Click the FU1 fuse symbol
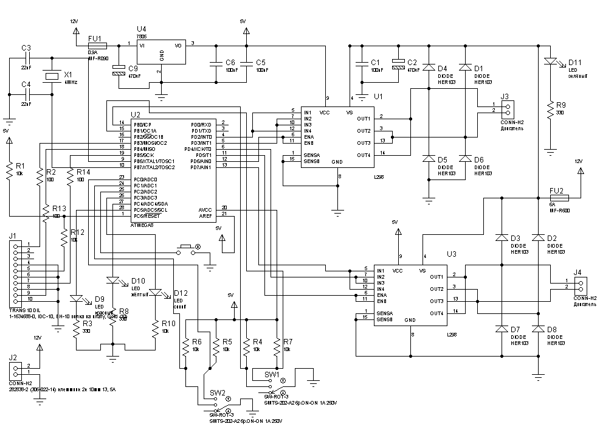click(x=97, y=46)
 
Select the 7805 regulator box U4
click(x=162, y=52)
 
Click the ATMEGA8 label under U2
click(x=143, y=225)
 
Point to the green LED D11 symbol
click(x=551, y=63)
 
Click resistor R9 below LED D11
click(x=551, y=111)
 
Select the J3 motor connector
click(x=508, y=108)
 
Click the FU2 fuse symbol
click(x=558, y=198)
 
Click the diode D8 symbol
click(x=537, y=329)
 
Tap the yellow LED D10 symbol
click(x=113, y=281)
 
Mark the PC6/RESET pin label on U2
click(x=144, y=214)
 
